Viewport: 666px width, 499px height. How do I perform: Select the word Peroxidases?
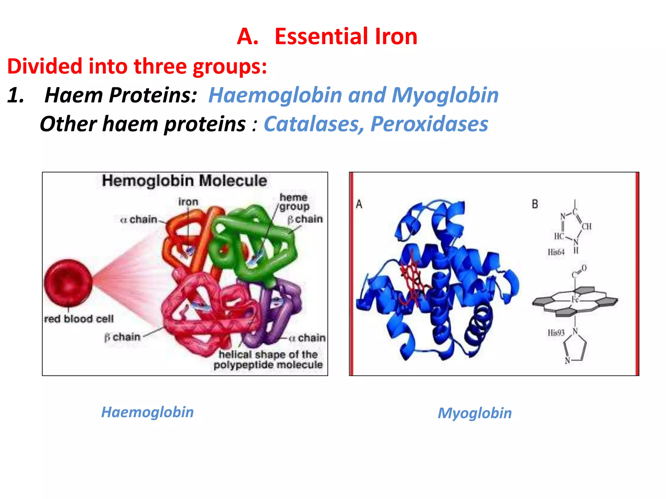coord(429,124)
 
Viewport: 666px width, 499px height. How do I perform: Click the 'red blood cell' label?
coord(79,319)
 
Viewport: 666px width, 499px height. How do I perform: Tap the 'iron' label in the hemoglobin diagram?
coord(188,202)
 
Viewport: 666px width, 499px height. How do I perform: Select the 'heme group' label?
coord(294,202)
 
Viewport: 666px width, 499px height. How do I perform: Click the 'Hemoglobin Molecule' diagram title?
coord(184,181)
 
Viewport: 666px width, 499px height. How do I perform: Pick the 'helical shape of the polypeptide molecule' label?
coord(268,359)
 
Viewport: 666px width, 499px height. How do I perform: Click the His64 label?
coord(556,252)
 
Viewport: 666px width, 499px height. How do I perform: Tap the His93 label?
coord(556,333)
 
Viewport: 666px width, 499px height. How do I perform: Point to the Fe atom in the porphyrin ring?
coord(575,300)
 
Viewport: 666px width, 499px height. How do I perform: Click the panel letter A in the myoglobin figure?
coord(359,204)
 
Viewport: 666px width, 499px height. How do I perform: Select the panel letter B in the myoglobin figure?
coord(535,204)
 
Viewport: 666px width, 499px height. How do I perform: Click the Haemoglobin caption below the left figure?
coord(147,412)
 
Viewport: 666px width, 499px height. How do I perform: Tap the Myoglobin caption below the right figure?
coord(474,413)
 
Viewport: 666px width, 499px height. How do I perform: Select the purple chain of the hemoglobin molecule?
coord(280,312)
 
